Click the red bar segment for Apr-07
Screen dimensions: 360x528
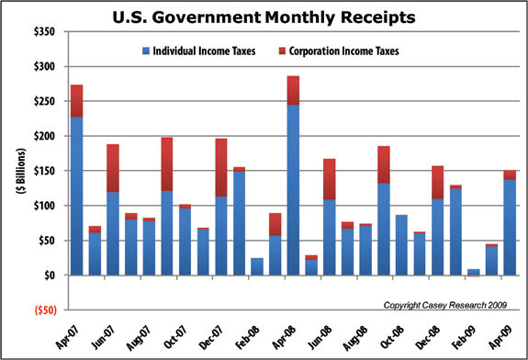pyautogui.click(x=77, y=101)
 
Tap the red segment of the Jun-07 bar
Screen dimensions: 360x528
pyautogui.click(x=113, y=168)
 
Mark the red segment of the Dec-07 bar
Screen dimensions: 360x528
pyautogui.click(x=221, y=167)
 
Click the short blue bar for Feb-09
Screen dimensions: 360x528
pyautogui.click(x=473, y=272)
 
